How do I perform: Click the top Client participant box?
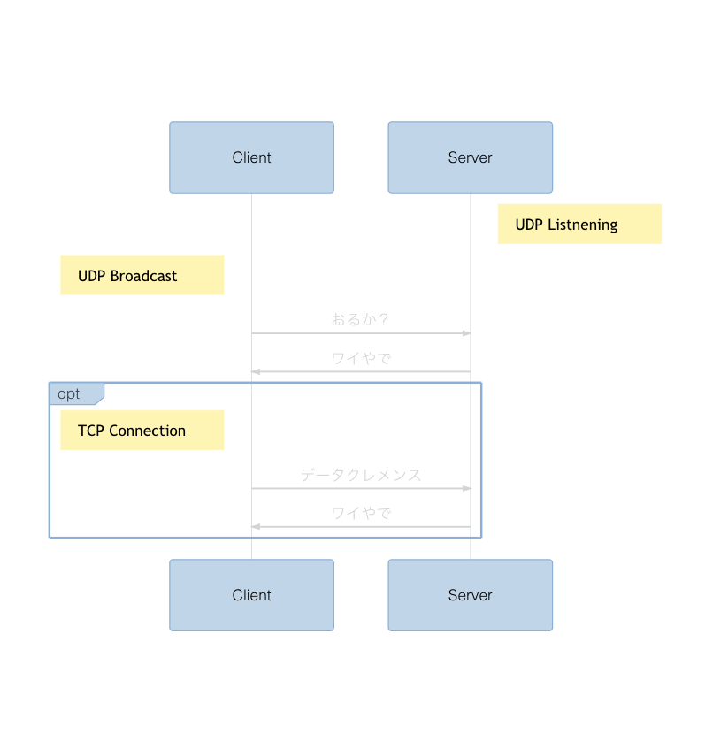[x=251, y=157]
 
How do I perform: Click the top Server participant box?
[x=470, y=157]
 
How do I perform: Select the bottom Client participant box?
[x=251, y=595]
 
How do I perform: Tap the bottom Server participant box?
[x=470, y=595]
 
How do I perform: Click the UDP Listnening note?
[x=579, y=225]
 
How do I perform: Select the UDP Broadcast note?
[x=142, y=276]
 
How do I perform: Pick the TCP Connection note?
[x=142, y=431]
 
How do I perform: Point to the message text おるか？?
[x=361, y=320]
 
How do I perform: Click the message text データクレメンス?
[x=361, y=475]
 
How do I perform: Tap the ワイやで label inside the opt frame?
[x=361, y=514]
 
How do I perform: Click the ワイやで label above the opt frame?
[x=361, y=359]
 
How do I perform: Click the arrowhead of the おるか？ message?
[x=467, y=333]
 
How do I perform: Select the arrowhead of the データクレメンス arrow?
[x=467, y=488]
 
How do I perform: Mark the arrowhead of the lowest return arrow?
[x=256, y=527]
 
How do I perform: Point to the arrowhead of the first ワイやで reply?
[x=256, y=372]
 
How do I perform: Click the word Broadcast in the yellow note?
[x=144, y=276]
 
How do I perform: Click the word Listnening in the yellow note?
[x=582, y=225]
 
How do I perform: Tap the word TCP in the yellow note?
[x=90, y=431]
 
